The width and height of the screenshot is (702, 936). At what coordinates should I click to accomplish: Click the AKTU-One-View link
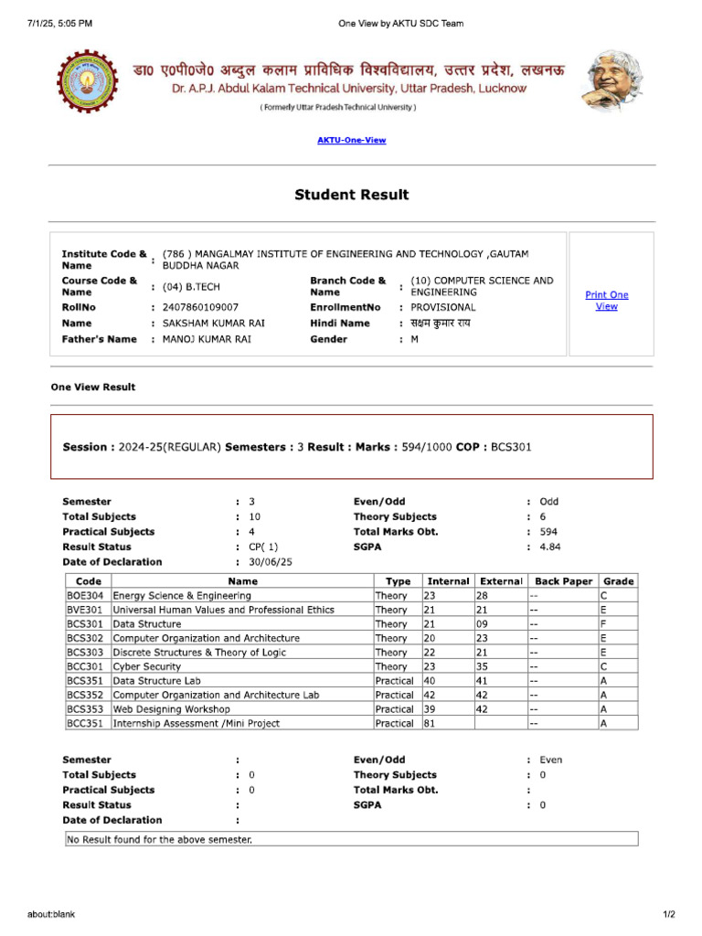click(351, 140)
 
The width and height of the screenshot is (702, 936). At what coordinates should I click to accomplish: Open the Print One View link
click(606, 301)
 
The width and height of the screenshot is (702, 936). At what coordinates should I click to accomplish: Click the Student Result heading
click(351, 195)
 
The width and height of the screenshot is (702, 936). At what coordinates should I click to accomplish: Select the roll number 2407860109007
click(200, 308)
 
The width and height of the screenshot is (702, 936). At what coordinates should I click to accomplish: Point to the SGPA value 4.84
click(549, 547)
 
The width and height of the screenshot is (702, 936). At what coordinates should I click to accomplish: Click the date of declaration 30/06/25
click(268, 562)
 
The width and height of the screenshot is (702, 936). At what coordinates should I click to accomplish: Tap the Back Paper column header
click(563, 580)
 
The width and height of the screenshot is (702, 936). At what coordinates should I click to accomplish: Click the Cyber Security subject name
click(146, 666)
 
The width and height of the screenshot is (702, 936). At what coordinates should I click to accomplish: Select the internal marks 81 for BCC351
click(429, 723)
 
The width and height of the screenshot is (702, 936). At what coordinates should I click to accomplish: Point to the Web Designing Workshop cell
click(171, 709)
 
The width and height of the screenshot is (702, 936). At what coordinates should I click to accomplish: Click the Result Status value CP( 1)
click(263, 547)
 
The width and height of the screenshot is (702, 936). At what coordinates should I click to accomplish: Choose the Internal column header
click(447, 580)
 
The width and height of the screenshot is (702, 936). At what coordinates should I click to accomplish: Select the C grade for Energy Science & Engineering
click(603, 595)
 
